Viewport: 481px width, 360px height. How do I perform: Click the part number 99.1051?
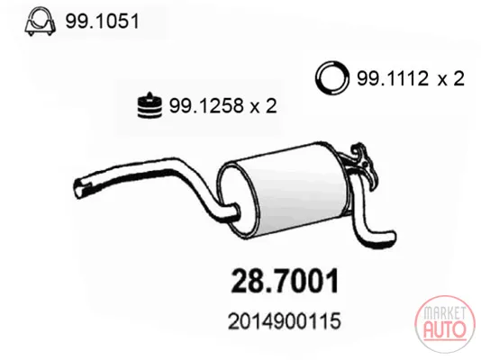coord(103,22)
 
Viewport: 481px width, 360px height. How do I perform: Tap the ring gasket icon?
coord(331,78)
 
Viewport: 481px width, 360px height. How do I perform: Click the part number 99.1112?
coord(393,78)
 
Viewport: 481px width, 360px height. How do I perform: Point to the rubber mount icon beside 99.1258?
coord(150,105)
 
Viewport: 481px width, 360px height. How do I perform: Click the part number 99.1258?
coord(206,105)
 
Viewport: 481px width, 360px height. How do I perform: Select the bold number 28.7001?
coord(285,282)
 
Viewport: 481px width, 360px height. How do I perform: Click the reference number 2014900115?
coord(285,321)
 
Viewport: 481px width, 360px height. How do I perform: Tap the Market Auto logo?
coord(444,326)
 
